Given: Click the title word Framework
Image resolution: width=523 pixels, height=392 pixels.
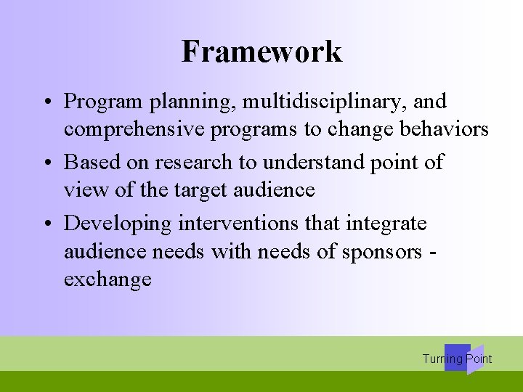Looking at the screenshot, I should [261, 52].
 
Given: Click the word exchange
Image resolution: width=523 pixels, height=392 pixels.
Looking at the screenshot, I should [108, 279].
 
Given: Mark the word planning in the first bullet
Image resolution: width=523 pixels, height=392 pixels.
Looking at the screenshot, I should [188, 102].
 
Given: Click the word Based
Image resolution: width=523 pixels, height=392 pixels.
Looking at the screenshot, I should [89, 163].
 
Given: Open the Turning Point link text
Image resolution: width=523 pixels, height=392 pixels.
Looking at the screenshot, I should [457, 359].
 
